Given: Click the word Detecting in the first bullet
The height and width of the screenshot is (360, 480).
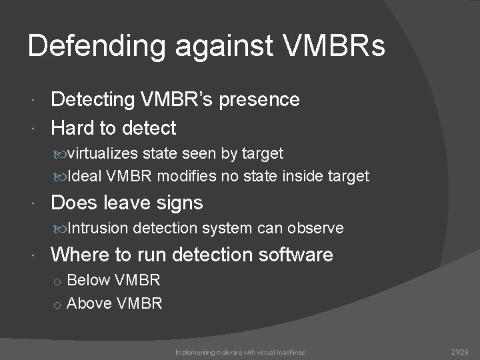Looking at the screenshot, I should pyautogui.click(x=93, y=100).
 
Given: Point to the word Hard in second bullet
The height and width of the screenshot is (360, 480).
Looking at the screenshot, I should pyautogui.click(x=72, y=127).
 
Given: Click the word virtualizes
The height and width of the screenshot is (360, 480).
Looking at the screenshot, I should pyautogui.click(x=103, y=153).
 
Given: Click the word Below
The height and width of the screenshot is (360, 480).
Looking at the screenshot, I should pyautogui.click(x=88, y=280).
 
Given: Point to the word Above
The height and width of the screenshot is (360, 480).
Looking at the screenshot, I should pyautogui.click(x=89, y=303).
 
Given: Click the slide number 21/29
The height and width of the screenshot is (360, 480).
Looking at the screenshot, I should pyautogui.click(x=459, y=351).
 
